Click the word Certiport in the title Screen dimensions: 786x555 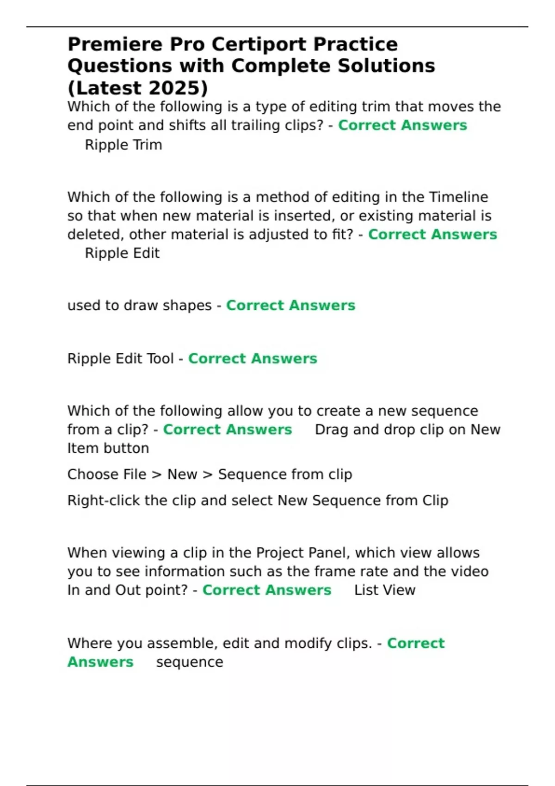pos(261,44)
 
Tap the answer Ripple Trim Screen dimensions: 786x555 pos(123,145)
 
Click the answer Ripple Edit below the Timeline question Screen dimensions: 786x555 pos(122,253)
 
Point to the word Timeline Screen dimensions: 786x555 pos(458,197)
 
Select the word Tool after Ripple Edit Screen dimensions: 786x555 pos(158,359)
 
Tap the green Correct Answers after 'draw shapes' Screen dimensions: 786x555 pos(290,306)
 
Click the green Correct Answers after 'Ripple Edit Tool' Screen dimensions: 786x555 pos(253,359)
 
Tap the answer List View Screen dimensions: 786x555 pos(385,590)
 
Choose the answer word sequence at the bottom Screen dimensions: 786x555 pos(190,662)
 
